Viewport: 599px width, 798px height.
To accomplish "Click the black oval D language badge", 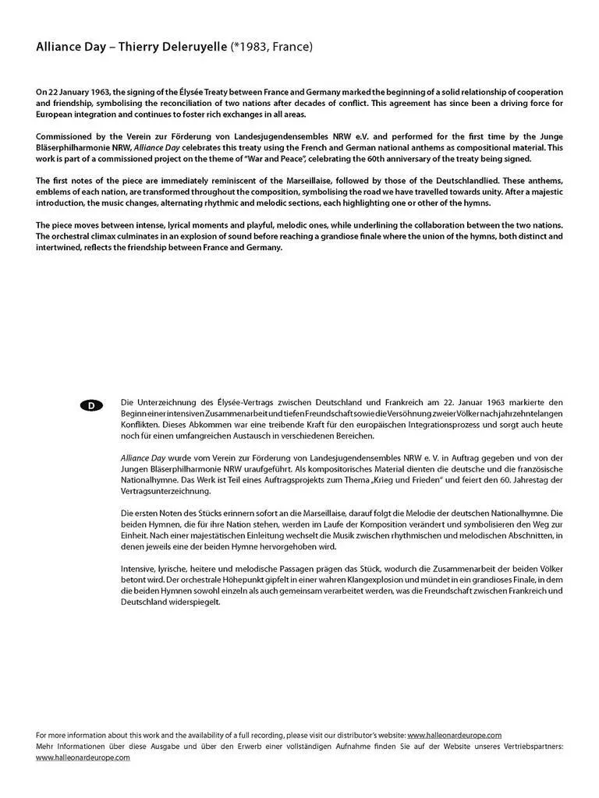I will (91, 405).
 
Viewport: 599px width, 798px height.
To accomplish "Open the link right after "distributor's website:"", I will (454, 735).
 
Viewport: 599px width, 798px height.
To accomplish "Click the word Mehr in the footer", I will (46, 746).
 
